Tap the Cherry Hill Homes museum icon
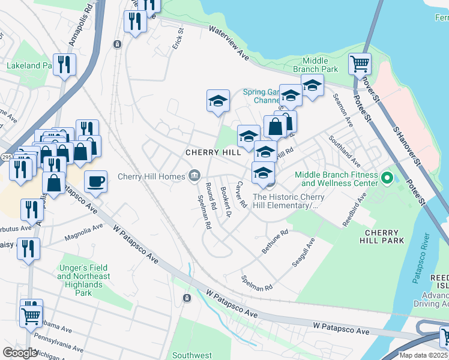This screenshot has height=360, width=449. coord(194,176)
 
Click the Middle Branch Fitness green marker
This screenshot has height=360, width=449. coord(387,178)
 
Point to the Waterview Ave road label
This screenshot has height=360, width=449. coord(229,42)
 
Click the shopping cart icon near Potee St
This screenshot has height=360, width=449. coord(360,63)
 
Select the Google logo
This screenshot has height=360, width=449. coord(20,353)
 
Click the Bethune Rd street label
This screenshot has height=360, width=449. coord(275,240)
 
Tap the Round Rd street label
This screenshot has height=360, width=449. coord(211,196)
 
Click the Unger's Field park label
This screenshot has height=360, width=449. coord(84,276)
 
